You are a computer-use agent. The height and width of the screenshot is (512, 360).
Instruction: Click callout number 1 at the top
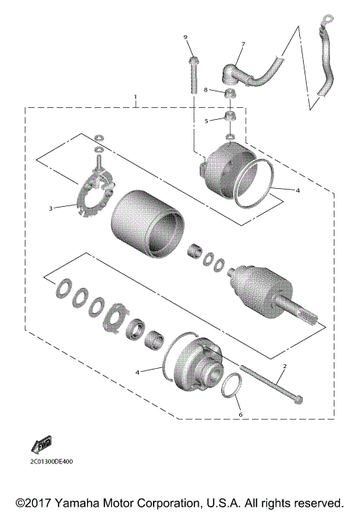136,97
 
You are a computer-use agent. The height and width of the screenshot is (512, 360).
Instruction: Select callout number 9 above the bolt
185,37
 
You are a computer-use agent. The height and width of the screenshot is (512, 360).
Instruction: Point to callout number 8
205,90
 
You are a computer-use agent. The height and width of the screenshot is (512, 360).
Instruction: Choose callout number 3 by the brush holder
51,208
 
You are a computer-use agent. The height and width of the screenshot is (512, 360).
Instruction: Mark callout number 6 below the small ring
240,414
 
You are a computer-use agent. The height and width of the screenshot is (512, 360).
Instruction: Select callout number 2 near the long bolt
284,367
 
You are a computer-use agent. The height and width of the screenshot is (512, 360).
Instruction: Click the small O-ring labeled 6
233,386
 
